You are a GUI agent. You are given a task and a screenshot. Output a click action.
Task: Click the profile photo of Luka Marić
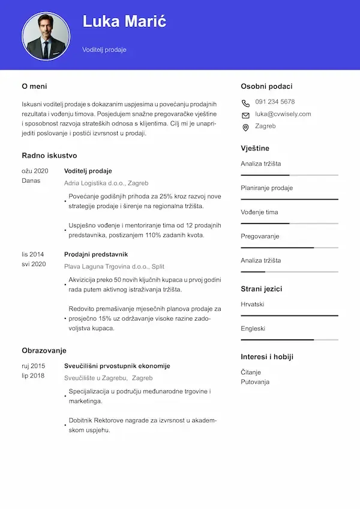(46, 36)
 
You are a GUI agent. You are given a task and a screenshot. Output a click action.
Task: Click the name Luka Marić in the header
(124, 22)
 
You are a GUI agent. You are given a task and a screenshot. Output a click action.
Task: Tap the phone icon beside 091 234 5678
(245, 103)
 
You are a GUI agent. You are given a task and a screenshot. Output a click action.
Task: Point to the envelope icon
(245, 115)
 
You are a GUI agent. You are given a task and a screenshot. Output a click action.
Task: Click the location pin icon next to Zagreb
(245, 127)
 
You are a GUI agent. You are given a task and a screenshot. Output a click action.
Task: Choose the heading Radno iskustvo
(49, 155)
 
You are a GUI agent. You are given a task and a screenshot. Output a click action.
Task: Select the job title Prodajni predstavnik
(96, 254)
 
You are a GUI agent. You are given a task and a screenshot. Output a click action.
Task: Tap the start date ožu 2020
(35, 171)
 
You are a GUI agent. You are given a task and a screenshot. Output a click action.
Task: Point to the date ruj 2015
(34, 366)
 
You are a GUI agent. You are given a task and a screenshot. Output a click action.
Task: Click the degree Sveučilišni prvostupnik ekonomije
(117, 366)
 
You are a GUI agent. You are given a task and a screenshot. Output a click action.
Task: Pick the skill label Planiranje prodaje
(266, 188)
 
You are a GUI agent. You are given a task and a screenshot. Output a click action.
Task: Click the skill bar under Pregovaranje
(289, 247)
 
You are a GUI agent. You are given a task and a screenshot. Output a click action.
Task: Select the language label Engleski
(253, 329)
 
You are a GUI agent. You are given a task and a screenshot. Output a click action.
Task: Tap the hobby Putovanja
(255, 382)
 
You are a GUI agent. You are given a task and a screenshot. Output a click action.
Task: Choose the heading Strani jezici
(262, 288)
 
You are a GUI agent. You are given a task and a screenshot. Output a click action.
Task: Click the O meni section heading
(34, 86)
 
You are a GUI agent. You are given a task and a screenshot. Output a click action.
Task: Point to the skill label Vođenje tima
(259, 212)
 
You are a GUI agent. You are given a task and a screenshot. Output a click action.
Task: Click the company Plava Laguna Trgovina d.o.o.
(114, 266)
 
